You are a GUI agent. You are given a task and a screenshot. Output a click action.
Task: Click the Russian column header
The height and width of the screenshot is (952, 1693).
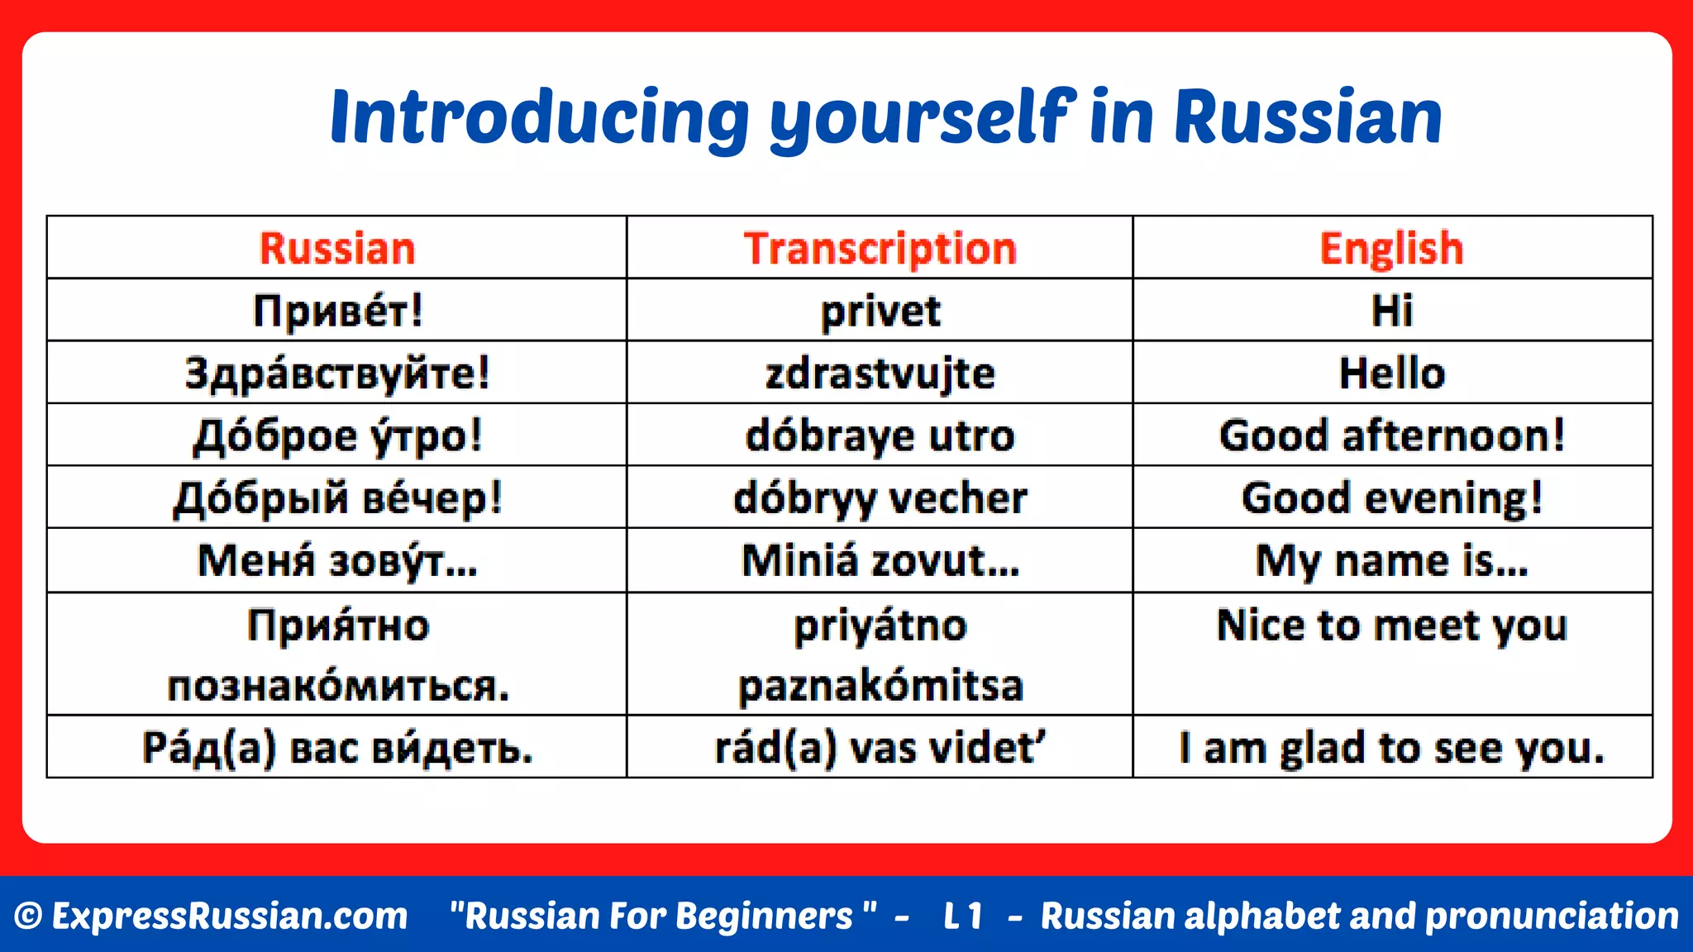[336, 248]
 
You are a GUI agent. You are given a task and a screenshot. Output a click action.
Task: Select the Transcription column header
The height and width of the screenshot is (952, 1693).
[880, 248]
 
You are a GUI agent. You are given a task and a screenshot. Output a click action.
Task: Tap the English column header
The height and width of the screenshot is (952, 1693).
[1392, 248]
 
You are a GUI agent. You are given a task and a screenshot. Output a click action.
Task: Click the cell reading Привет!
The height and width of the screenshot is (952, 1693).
[336, 311]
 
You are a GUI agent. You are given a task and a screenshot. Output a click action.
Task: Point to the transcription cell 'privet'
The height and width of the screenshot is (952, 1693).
[880, 312]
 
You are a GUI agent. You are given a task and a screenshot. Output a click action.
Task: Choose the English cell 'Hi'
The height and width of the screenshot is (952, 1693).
[1392, 311]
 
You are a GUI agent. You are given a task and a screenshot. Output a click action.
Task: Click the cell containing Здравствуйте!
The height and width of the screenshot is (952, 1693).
[336, 373]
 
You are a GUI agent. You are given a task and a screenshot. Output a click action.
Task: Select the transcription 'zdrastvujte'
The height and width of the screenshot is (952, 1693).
[880, 374]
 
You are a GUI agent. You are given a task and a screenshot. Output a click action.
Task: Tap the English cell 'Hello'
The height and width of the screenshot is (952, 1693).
[1392, 373]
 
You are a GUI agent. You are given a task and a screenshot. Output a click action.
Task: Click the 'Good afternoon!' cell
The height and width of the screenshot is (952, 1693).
[1392, 436]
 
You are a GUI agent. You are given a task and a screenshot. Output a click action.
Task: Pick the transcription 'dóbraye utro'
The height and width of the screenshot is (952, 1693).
[880, 436]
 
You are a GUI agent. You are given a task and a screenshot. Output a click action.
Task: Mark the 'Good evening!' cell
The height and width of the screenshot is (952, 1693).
[1392, 498]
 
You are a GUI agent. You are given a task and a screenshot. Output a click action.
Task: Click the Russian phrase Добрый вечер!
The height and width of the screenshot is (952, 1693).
[336, 498]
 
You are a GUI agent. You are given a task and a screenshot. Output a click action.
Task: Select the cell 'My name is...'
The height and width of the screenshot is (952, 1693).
[1392, 561]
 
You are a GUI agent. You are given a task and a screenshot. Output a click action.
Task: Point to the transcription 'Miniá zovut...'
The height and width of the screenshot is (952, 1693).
[880, 561]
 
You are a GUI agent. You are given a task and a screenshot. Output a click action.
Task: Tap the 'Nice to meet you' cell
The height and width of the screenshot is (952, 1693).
[1392, 626]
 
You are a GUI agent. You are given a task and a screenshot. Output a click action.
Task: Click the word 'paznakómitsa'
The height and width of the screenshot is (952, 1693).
[880, 686]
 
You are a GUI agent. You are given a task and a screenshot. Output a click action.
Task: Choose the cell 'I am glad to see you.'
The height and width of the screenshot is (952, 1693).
[1392, 748]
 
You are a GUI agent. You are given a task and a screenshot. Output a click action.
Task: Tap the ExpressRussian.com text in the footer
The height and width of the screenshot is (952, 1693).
[229, 916]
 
